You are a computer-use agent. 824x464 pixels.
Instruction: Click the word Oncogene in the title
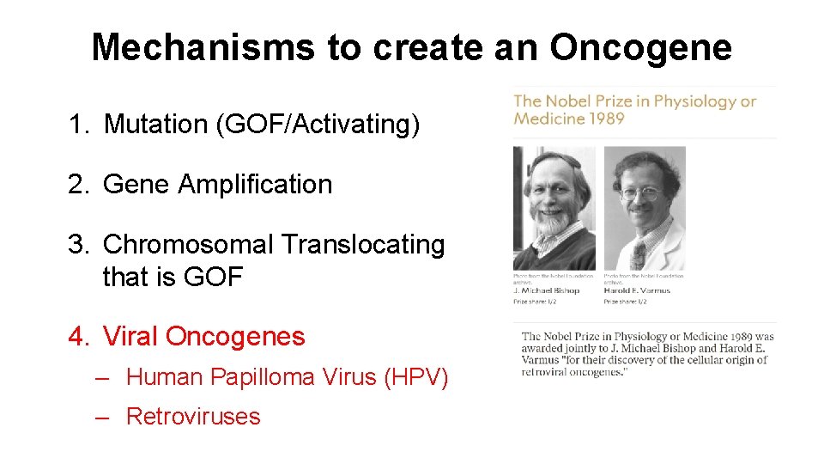click(640, 46)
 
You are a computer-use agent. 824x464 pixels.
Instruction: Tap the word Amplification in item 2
click(255, 184)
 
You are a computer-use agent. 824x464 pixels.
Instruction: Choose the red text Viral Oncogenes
click(203, 336)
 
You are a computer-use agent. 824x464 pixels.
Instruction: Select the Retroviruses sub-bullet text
click(192, 416)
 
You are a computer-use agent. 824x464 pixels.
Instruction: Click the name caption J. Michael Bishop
click(546, 290)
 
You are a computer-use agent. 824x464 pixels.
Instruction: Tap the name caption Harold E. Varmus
click(637, 290)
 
